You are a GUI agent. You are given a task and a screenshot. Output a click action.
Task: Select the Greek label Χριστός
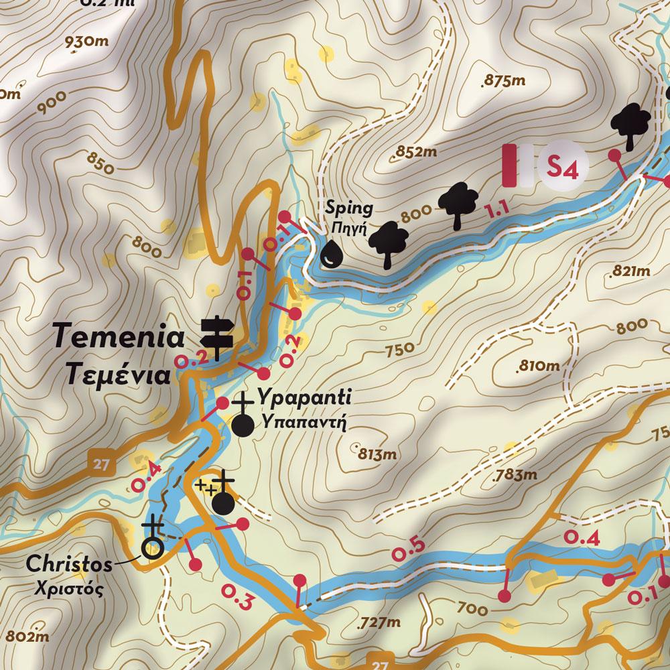click(70, 590)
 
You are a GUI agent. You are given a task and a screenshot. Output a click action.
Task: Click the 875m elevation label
click(505, 81)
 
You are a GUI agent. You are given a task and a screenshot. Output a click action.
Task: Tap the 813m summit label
click(377, 454)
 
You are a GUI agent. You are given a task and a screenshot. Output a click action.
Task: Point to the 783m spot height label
click(515, 476)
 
